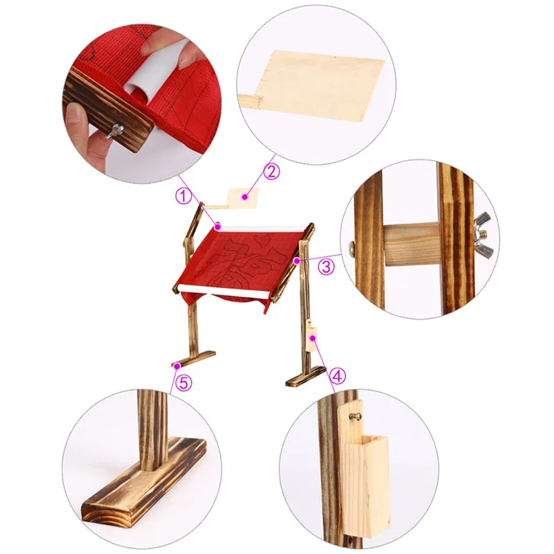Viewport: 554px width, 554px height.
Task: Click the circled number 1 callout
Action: tap(184, 196)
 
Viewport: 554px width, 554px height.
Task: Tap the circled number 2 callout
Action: tap(271, 171)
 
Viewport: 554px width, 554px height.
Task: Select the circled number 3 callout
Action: tap(325, 267)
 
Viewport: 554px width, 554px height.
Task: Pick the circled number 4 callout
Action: tap(337, 376)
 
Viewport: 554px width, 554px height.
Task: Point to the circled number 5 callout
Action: tap(184, 382)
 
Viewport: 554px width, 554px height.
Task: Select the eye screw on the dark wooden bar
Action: tap(116, 131)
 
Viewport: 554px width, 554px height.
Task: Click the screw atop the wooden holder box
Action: tap(356, 417)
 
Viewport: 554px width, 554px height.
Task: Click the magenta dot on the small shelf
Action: tap(244, 197)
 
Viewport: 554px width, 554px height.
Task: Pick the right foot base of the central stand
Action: tap(305, 376)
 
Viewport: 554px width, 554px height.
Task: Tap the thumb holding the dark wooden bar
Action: tap(76, 118)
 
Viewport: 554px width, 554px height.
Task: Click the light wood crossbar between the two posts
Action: tap(411, 245)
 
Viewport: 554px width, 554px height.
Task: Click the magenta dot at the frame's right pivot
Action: tap(296, 261)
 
